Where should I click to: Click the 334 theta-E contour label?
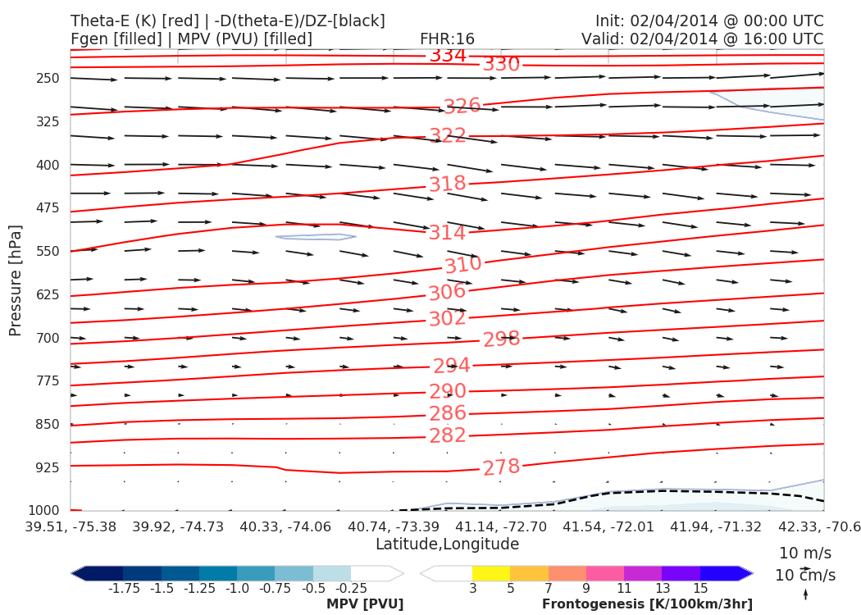448,56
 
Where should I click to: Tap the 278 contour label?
501,467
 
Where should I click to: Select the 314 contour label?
447,233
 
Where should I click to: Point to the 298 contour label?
501,339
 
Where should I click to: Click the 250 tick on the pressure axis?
48,79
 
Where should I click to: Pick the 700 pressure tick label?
48,338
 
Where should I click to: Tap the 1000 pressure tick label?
44,511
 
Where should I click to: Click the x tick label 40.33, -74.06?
285,526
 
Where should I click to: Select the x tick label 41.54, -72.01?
608,526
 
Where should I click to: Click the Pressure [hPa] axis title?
16,280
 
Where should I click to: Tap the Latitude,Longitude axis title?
448,544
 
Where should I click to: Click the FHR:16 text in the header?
447,39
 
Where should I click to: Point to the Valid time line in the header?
702,39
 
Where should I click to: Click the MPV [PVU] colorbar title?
365,604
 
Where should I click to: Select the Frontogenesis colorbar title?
647,604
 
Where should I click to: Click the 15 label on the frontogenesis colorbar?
700,589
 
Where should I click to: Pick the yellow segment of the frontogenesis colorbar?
491,573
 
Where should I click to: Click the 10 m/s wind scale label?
804,553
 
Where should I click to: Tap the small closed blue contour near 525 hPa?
316,237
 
